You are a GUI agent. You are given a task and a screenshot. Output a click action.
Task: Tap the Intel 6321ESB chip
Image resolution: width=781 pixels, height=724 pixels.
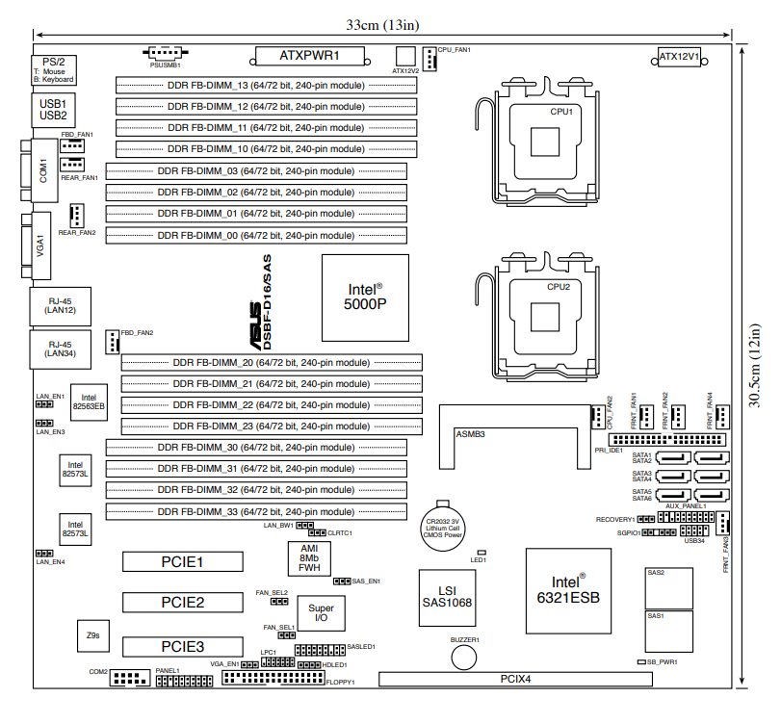(568, 589)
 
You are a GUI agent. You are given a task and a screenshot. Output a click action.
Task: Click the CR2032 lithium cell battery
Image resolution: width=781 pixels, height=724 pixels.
(443, 526)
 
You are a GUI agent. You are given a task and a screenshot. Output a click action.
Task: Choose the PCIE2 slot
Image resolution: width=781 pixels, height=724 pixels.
(182, 603)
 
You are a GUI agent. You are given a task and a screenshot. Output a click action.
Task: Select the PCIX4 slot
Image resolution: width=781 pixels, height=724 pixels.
(515, 679)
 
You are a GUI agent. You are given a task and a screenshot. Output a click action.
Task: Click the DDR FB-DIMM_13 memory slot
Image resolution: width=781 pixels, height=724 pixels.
(267, 85)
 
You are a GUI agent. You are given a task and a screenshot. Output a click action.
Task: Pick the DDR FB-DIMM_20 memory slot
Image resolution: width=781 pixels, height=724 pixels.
(272, 362)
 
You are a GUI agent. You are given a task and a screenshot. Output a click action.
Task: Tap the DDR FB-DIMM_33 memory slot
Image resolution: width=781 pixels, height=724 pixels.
(255, 511)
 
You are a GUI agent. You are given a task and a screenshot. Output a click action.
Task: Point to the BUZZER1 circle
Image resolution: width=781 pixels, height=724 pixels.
(465, 657)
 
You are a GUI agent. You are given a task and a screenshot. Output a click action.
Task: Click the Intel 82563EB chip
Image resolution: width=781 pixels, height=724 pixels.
(89, 401)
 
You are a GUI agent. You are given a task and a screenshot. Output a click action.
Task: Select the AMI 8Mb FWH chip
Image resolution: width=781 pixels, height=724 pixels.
(309, 557)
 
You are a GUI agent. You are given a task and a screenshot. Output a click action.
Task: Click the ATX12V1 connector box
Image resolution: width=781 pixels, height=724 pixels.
(679, 56)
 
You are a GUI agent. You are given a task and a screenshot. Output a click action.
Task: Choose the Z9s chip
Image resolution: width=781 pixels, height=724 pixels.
(92, 635)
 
